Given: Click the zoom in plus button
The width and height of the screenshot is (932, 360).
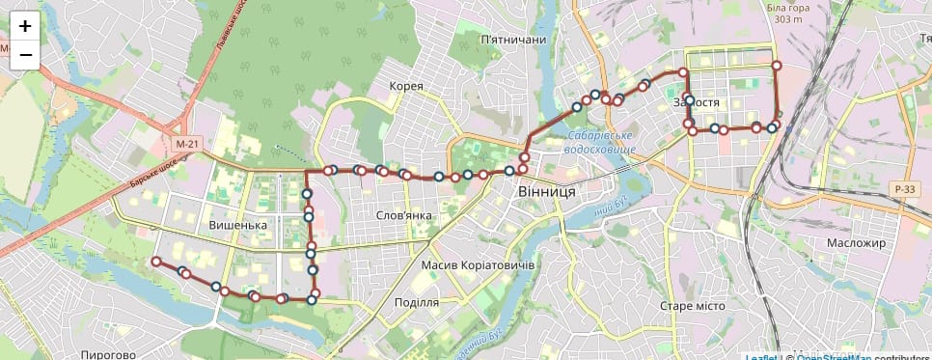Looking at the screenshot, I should coord(25,26).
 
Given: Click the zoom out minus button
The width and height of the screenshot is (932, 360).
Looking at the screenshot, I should coord(25,55).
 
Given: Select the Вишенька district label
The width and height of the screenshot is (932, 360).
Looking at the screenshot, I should coord(237,225).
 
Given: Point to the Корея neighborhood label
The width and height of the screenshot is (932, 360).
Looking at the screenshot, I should coord(406,86).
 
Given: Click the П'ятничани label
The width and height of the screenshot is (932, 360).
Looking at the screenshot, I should coord(512,40).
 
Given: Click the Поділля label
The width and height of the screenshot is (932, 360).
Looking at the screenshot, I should coord(417,302).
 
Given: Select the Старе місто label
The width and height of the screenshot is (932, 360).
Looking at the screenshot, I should coord(692,306).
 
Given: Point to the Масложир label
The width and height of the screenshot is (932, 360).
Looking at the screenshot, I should coord(856,242).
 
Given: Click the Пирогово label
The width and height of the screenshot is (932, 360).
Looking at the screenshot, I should coord(107,354).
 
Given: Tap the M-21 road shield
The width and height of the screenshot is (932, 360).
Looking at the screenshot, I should coord(187,144).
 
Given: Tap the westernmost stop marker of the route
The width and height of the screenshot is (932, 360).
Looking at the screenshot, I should coord(155,262).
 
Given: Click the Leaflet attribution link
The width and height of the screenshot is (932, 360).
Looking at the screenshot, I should coord(760,357).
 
